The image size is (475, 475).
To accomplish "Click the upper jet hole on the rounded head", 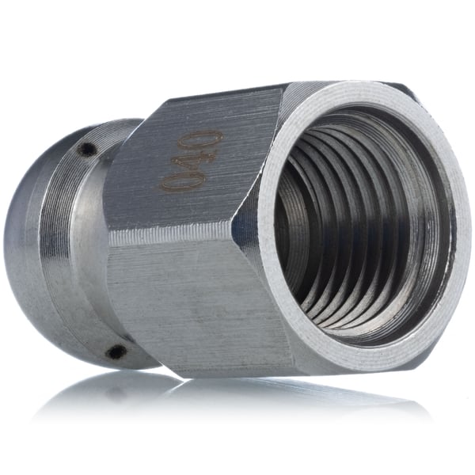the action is pyautogui.click(x=87, y=149).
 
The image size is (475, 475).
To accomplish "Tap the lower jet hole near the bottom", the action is pyautogui.click(x=116, y=351).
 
